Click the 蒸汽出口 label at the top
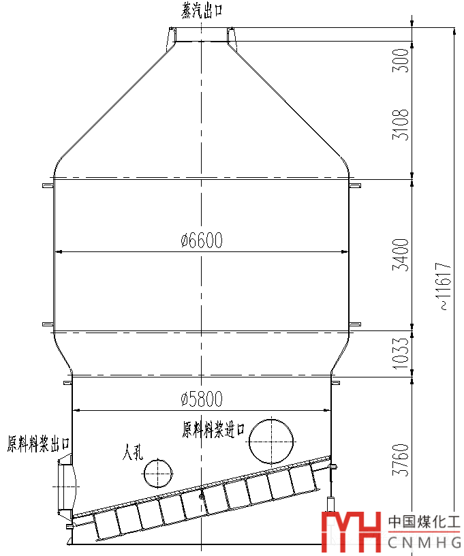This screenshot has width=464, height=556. pos(202,10)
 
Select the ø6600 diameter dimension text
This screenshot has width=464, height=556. pos(202,240)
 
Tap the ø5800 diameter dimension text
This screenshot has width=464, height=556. pos(202,399)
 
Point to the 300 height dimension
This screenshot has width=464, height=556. pos(401,61)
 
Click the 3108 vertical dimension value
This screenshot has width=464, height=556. pos(401,124)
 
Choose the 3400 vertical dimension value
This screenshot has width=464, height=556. pos(401,255)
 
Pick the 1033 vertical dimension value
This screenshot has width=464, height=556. pos(401,353)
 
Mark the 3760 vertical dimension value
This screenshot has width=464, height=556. pos(401,459)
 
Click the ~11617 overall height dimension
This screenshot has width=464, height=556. pos(445,286)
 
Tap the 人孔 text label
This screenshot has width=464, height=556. pos(133,452)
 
